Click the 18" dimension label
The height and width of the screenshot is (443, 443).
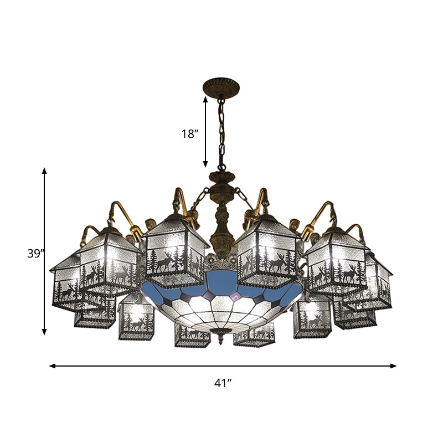189,133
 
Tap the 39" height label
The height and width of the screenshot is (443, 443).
35,254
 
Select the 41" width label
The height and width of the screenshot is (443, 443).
223,383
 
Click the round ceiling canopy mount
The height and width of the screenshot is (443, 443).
221,87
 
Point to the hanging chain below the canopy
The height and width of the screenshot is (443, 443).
221,133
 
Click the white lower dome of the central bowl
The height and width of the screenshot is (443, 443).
221,310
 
